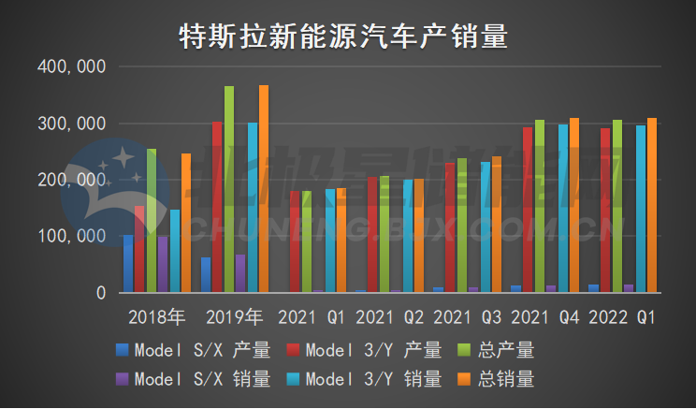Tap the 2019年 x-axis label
click(235, 317)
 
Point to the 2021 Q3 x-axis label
click(468, 317)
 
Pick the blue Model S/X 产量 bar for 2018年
click(128, 265)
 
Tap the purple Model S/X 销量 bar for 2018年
click(163, 265)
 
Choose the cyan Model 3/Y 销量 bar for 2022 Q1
click(641, 211)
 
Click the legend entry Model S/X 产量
click(193, 351)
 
